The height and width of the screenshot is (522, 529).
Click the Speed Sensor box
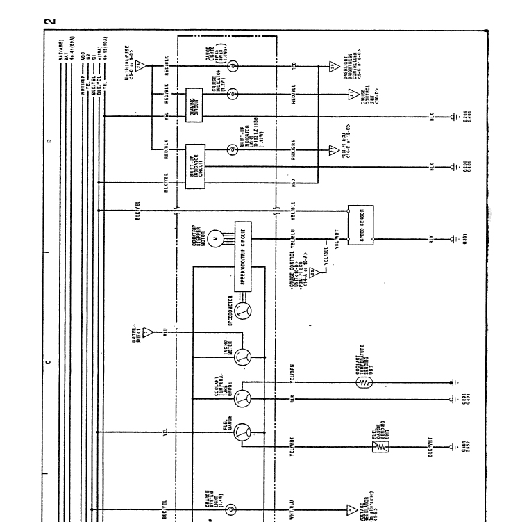tap(362, 225)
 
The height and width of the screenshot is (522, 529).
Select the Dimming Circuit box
tap(193, 106)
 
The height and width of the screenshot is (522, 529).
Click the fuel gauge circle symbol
tap(241, 432)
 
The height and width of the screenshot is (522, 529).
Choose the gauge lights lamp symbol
tap(233, 65)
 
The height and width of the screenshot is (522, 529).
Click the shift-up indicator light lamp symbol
tap(233, 149)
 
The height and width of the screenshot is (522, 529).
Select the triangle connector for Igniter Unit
tap(147, 331)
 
